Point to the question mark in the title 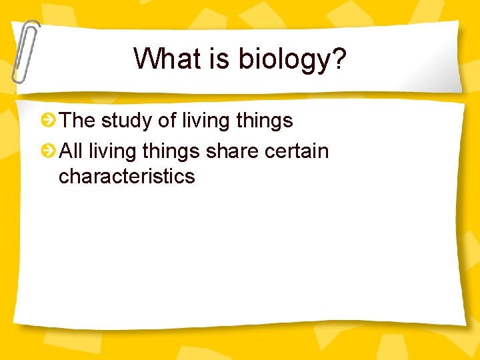pyautogui.click(x=338, y=59)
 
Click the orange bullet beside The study pyautogui.click(x=48, y=121)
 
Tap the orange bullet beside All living pyautogui.click(x=48, y=151)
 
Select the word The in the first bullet pyautogui.click(x=77, y=121)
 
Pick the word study pyautogui.click(x=125, y=121)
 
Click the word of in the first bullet pyautogui.click(x=165, y=121)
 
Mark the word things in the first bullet pyautogui.click(x=265, y=121)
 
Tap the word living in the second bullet pyautogui.click(x=114, y=152)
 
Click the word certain pyautogui.click(x=297, y=151)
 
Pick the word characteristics pyautogui.click(x=127, y=177)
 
